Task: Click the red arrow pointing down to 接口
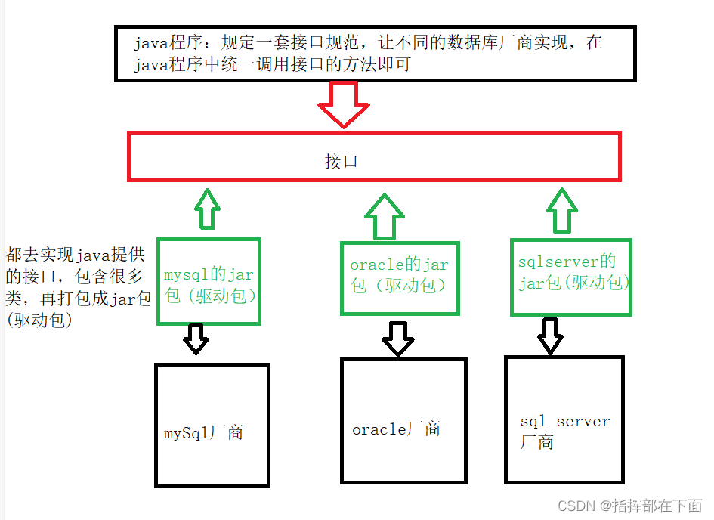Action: (x=343, y=104)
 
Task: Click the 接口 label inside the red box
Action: (x=341, y=161)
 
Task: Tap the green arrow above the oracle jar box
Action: (x=385, y=215)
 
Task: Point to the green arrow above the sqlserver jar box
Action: (x=561, y=210)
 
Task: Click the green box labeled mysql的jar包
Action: (x=209, y=282)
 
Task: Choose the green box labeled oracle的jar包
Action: (x=400, y=277)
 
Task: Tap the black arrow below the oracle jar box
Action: (x=398, y=339)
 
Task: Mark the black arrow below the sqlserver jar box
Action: (x=550, y=336)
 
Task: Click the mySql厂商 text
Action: (x=204, y=434)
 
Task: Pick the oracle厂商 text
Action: (x=396, y=429)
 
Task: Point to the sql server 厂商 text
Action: (x=564, y=432)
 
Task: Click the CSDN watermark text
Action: (x=629, y=506)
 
